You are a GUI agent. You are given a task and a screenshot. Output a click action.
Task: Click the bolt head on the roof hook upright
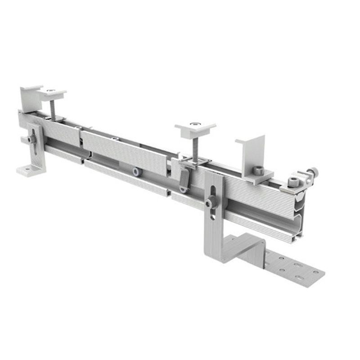[x=210, y=203]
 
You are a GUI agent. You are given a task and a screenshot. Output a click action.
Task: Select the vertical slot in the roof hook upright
[x=213, y=189]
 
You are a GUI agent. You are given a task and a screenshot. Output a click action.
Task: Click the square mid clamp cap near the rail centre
[x=195, y=129]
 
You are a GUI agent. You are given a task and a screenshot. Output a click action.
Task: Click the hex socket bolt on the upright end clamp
[x=258, y=170]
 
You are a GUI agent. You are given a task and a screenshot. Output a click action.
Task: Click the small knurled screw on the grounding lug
[x=311, y=172]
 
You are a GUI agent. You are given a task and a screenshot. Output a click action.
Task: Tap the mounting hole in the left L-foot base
[x=26, y=170]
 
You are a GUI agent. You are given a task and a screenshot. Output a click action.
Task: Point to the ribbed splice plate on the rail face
[x=124, y=146]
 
